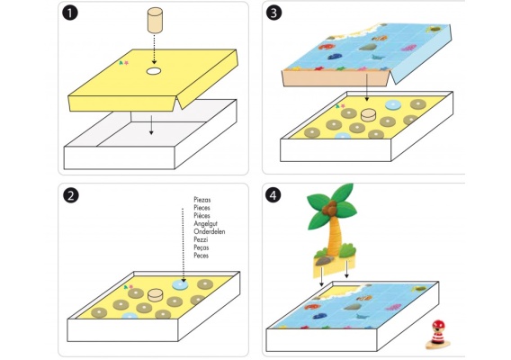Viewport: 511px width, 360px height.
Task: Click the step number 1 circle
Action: pos(70,13)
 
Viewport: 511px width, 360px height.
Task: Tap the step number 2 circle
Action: pos(71,195)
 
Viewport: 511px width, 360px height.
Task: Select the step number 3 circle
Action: pos(273,13)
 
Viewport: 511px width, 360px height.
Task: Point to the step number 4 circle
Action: pos(273,194)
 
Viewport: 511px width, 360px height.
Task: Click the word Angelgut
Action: pos(206,224)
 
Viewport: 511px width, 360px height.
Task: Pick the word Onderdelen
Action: pos(210,231)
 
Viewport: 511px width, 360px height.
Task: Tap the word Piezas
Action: pos(202,200)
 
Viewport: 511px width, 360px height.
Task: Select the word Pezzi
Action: pos(201,239)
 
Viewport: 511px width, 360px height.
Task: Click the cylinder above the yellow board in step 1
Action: pos(155,21)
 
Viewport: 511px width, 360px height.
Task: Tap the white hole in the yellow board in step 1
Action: pos(154,71)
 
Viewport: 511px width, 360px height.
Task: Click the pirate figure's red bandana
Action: pos(438,325)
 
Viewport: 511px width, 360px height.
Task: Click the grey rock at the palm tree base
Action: pos(325,260)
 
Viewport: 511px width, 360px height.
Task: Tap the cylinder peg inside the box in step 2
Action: pos(155,295)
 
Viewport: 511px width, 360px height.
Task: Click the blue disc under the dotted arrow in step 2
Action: pos(180,284)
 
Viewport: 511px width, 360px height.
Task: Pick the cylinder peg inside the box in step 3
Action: pos(369,115)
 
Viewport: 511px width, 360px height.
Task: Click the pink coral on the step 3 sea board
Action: pos(408,48)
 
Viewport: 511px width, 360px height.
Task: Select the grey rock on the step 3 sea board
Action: pos(368,47)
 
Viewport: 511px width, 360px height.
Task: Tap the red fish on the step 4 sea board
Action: pos(312,307)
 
